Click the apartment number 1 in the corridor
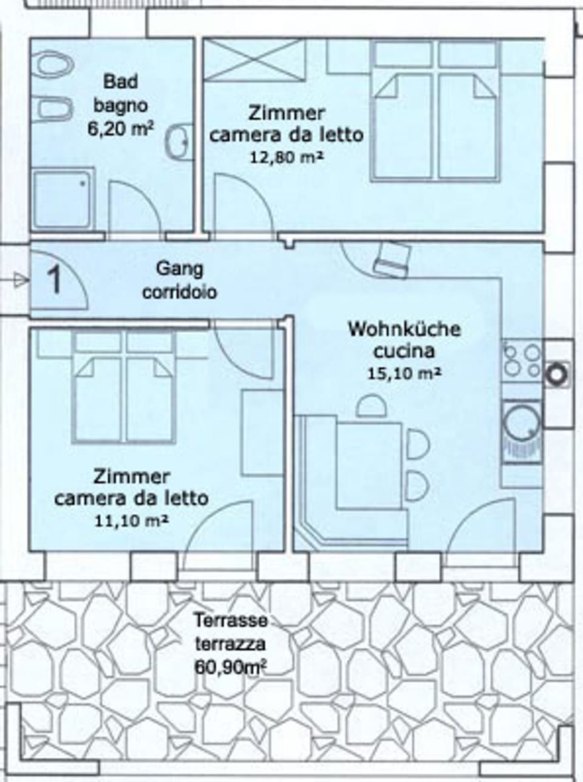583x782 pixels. [x=55, y=280]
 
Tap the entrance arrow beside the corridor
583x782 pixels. [x=21, y=280]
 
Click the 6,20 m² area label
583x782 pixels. [x=120, y=130]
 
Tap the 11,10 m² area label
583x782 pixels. [x=131, y=521]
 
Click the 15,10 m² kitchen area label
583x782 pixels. [x=403, y=373]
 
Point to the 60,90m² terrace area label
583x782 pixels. [x=231, y=666]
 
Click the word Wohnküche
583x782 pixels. [x=404, y=330]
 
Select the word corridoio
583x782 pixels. [x=180, y=292]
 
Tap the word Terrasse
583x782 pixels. [x=231, y=621]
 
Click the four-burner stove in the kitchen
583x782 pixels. [x=522, y=361]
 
